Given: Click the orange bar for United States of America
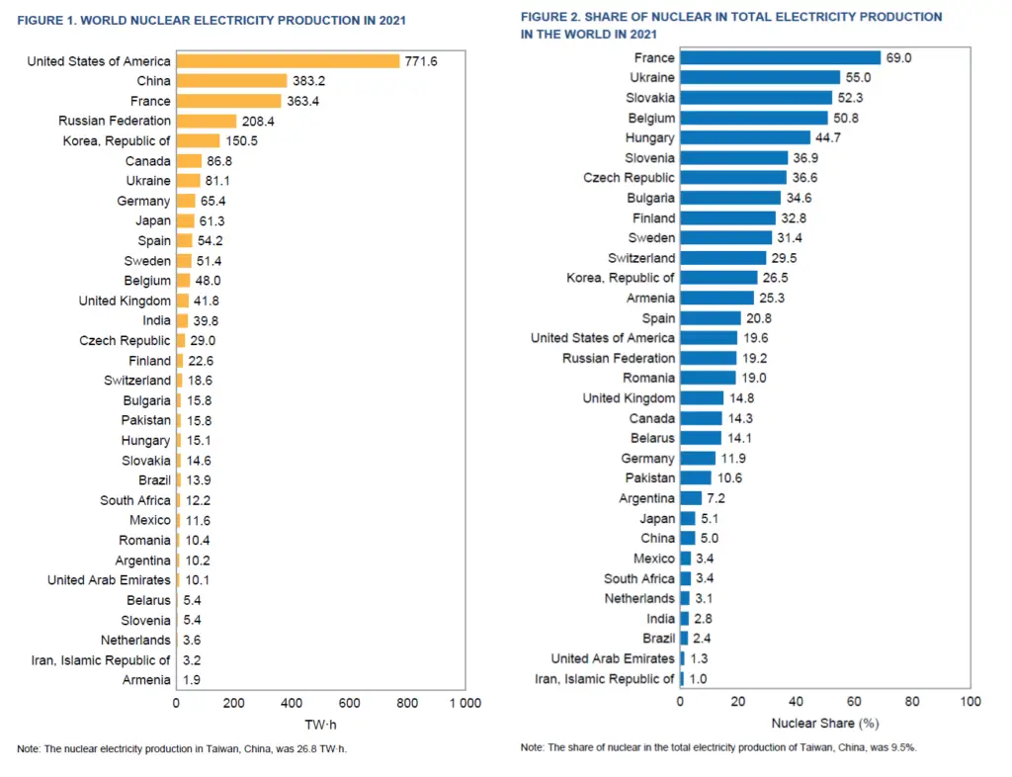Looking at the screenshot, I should coord(288,61).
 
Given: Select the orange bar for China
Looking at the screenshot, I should coord(231,81).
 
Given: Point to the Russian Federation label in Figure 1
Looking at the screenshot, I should coord(115,121).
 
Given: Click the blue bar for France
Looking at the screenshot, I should coord(780,58).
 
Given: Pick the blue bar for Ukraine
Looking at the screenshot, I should coord(760,77).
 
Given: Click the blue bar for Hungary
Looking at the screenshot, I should coord(744,137).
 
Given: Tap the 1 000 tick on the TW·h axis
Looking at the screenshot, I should coord(464,704).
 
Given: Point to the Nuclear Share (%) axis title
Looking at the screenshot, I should coord(825,724).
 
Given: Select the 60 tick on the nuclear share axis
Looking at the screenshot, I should coord(855,701).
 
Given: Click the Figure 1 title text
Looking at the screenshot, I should coord(211,20).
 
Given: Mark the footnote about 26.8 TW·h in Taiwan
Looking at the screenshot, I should coord(182,749).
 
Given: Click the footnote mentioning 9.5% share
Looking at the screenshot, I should coord(718,747).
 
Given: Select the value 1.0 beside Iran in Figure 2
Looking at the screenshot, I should coord(699,678).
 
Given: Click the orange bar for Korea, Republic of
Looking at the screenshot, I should coord(198,140).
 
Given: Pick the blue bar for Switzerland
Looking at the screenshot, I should coord(722,257).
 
